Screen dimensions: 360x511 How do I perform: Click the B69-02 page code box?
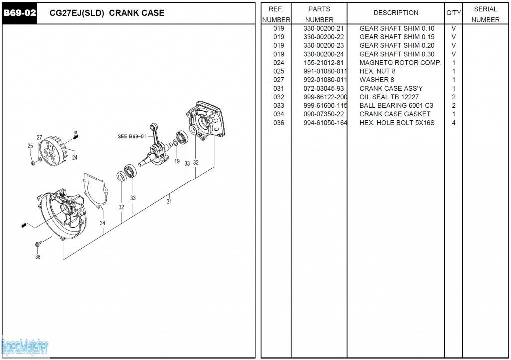pos(20,13)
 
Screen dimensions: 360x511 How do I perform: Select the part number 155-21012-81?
pos(323,63)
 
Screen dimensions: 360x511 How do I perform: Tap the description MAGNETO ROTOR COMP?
pos(400,63)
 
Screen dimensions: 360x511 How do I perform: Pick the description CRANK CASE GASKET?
pos(395,114)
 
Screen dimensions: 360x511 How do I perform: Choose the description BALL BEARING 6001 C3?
pos(396,106)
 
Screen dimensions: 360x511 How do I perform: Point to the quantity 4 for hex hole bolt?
pos(454,123)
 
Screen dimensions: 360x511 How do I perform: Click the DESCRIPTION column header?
pos(396,13)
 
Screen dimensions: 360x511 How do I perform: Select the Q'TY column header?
pos(454,13)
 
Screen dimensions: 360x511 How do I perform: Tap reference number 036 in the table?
pos(278,123)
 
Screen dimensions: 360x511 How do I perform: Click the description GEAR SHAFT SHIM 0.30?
pos(397,54)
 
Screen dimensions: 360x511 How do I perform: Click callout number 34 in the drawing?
pos(102,223)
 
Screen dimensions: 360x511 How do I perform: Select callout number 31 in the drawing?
pos(169,202)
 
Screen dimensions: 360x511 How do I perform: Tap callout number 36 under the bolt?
pos(38,257)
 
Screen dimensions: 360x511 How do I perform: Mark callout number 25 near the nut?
pos(30,146)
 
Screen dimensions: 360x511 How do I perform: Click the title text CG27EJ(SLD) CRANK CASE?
pos(107,13)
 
